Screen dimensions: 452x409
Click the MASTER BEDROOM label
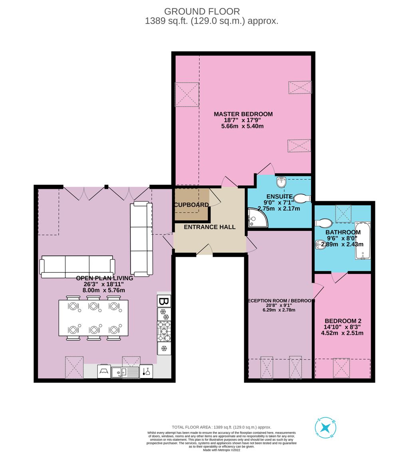click(x=243, y=114)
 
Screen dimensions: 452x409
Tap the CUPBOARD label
click(x=191, y=205)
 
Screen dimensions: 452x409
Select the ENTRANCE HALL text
click(x=209, y=227)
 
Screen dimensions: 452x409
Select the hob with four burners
click(x=164, y=331)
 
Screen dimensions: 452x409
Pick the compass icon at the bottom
click(x=327, y=428)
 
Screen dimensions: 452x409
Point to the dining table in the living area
click(x=94, y=318)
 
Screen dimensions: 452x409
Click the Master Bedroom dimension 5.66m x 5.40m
click(x=242, y=126)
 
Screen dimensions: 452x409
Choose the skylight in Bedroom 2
click(x=342, y=368)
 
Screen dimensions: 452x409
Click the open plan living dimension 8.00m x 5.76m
click(x=104, y=290)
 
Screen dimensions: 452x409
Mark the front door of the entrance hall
click(x=204, y=250)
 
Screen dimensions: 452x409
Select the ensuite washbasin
click(x=281, y=183)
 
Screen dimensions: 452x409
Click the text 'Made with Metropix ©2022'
click(x=221, y=450)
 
